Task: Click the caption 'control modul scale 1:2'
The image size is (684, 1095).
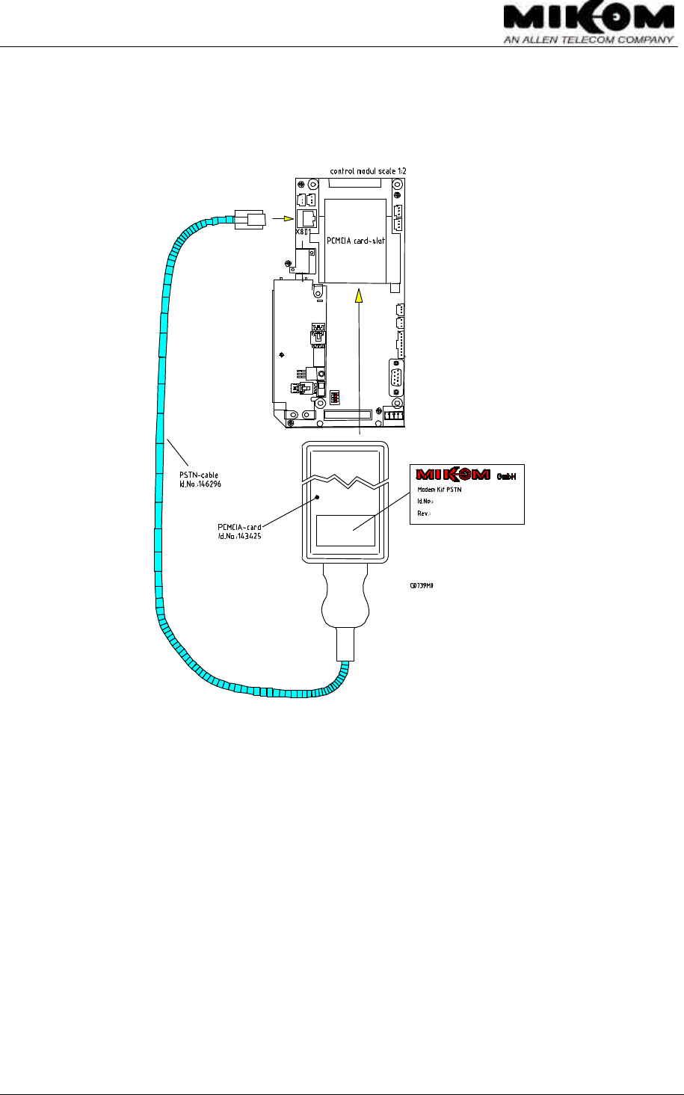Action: [x=369, y=171]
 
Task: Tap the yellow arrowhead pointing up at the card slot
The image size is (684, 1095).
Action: [x=360, y=296]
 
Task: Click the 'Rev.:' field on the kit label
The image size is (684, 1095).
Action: [x=425, y=513]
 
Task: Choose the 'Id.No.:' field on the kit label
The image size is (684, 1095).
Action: [x=426, y=502]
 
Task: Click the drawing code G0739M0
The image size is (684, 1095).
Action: [x=422, y=585]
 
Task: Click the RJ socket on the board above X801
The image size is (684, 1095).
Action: [x=306, y=217]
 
